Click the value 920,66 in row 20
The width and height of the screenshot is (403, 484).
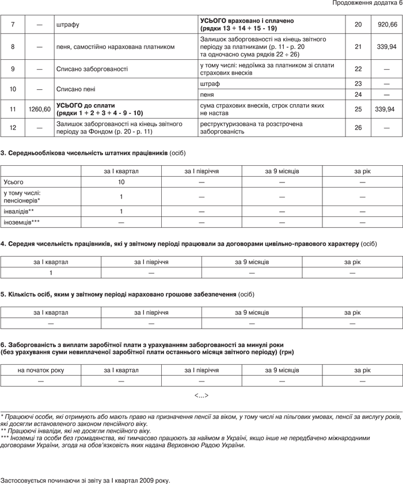coord(387,25)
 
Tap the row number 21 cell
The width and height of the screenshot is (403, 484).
coord(359,47)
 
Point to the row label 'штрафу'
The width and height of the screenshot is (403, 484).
coord(68,25)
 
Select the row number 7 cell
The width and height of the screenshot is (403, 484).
coord(13,25)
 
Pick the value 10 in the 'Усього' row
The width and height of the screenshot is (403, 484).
coord(121,182)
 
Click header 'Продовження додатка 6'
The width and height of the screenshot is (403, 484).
coord(367,5)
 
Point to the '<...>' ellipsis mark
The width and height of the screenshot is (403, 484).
coord(201,395)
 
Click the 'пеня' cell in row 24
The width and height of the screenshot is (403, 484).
coord(207,94)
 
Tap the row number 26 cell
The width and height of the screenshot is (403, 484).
coord(359,127)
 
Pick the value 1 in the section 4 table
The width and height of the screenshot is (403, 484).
coord(51,273)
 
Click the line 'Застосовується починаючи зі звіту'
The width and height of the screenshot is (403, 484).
coord(86,479)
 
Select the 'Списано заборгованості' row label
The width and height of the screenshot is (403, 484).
coord(92,68)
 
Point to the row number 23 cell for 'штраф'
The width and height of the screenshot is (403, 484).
coord(359,84)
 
